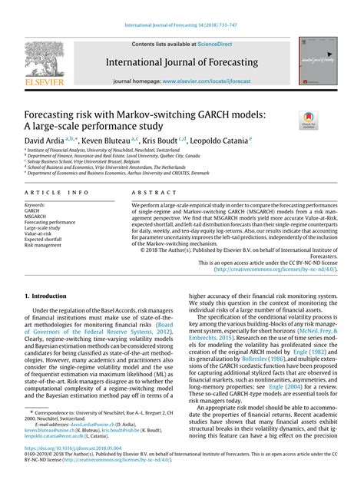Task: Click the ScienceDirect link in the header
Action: (216, 45)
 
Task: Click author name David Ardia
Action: (45, 141)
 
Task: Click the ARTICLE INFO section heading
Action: (56, 195)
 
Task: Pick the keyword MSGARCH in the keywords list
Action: (37, 217)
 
